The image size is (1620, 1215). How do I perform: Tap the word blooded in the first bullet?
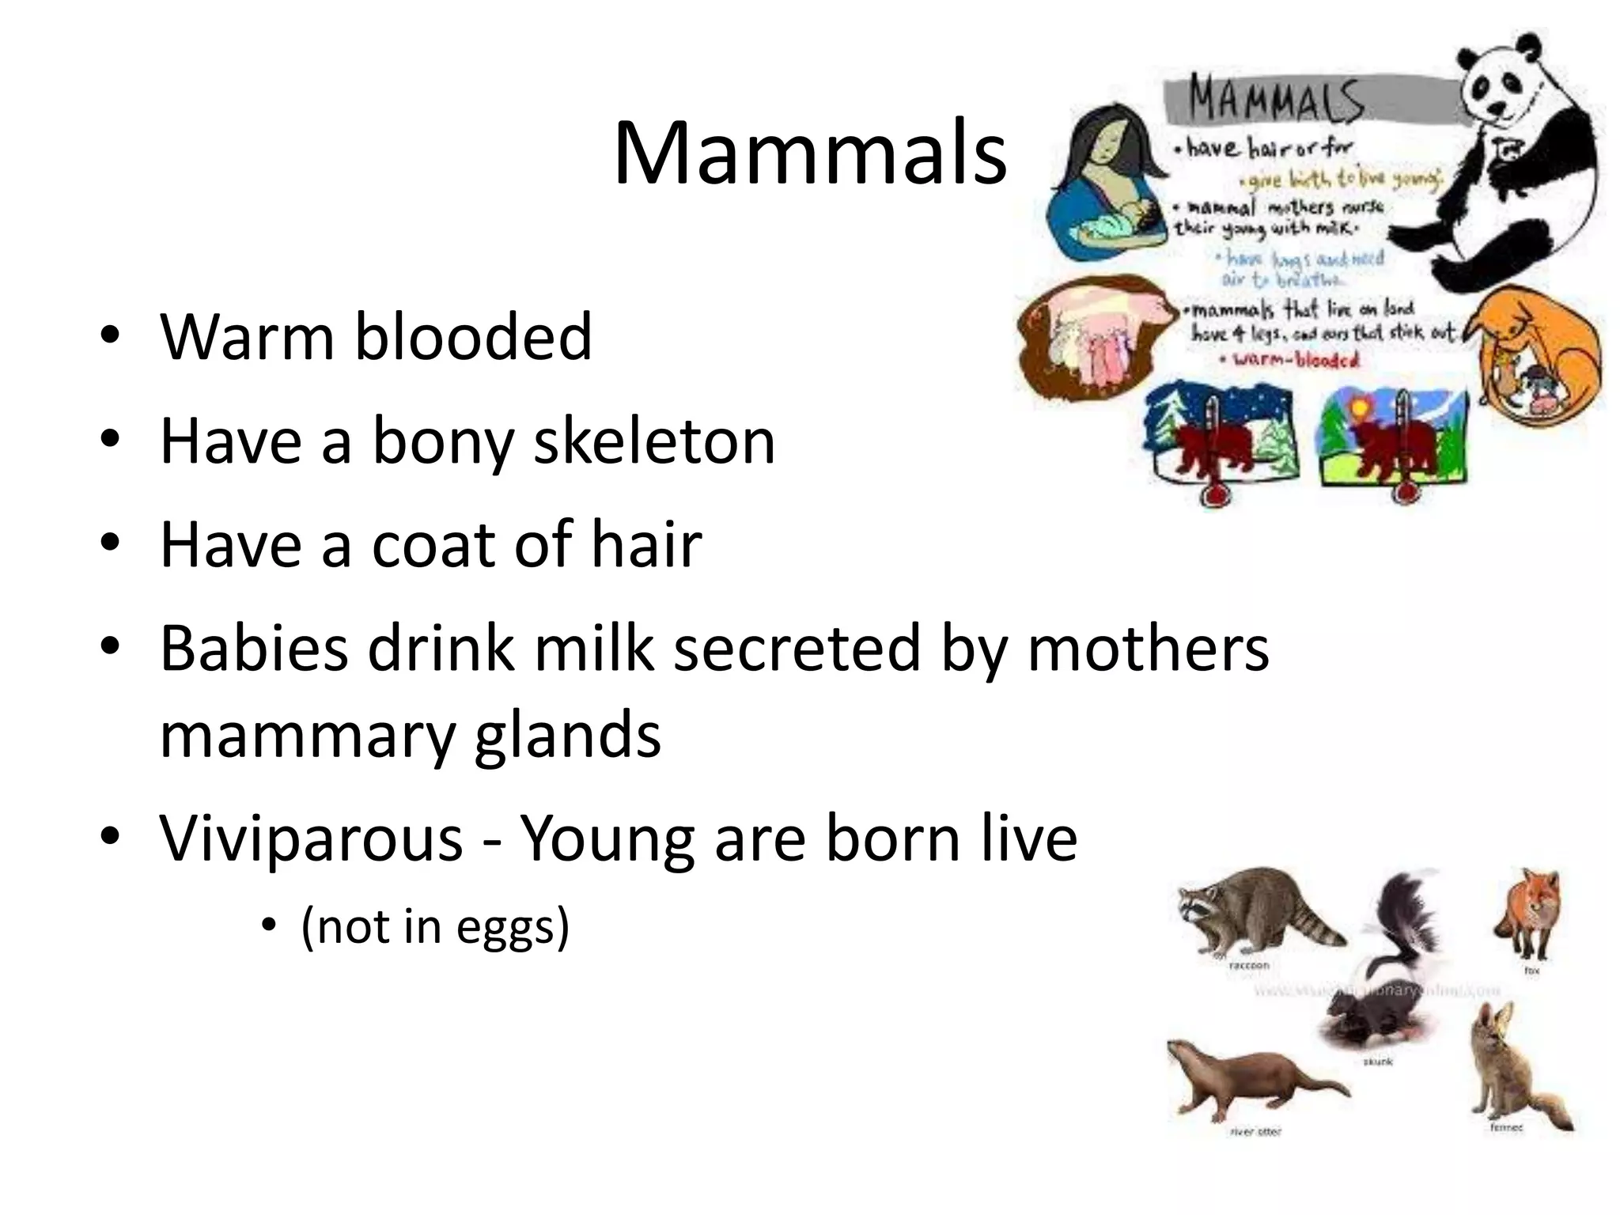473,336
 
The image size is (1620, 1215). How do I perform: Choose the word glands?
567,735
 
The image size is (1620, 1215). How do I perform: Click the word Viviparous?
312,838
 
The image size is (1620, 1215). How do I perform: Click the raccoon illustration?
1250,910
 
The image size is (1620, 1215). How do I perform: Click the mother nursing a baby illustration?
1107,190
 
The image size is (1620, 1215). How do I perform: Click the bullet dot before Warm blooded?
110,337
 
